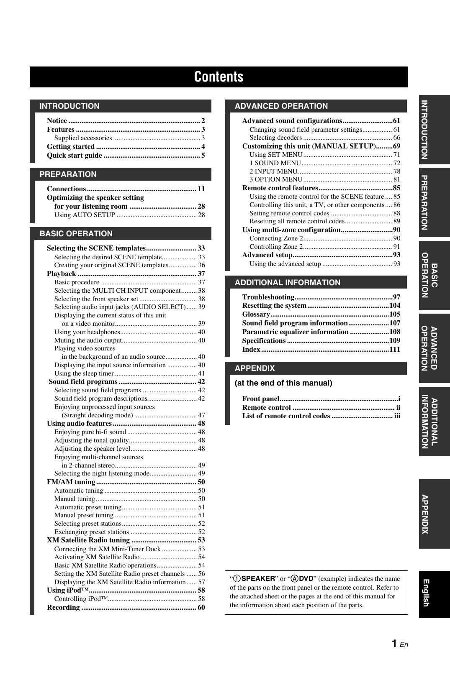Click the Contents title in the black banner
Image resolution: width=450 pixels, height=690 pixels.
tap(219, 77)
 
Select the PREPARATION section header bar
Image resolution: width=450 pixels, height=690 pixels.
tap(121, 174)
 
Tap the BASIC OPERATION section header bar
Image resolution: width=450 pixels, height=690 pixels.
tap(121, 234)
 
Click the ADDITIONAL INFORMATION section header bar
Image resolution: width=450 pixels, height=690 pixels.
tap(316, 283)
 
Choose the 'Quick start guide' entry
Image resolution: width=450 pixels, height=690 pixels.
tap(75, 156)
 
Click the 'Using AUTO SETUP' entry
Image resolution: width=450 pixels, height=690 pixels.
tap(85, 215)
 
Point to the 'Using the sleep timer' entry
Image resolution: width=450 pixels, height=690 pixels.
tap(84, 373)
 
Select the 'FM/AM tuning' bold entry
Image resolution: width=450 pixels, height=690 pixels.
tap(71, 482)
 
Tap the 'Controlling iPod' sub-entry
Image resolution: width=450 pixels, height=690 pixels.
tap(81, 599)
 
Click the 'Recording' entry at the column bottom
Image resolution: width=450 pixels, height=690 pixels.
tap(63, 608)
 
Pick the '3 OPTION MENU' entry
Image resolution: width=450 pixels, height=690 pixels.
tap(275, 179)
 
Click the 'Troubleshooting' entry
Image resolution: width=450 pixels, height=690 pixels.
tap(268, 297)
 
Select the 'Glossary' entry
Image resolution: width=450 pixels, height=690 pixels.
tap(256, 314)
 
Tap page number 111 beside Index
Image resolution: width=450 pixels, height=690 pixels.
tap(395, 349)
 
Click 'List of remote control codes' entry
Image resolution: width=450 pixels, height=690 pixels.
tap(286, 416)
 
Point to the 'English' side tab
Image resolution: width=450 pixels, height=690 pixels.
tap(434, 594)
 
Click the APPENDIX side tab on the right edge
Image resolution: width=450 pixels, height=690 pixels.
tap(434, 514)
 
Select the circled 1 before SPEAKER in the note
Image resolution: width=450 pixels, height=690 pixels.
tap(237, 579)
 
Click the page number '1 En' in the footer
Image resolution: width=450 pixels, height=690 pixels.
tap(399, 644)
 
